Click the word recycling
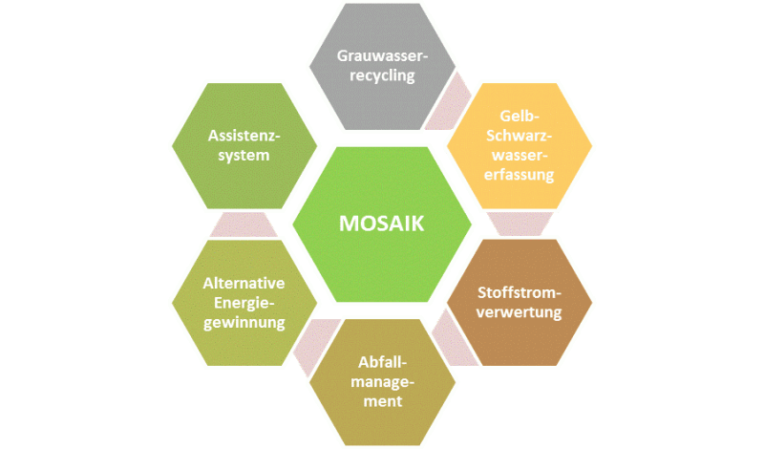click(x=382, y=75)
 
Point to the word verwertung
click(x=520, y=311)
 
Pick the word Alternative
click(x=244, y=283)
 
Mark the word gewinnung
click(x=244, y=323)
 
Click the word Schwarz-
click(x=520, y=136)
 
